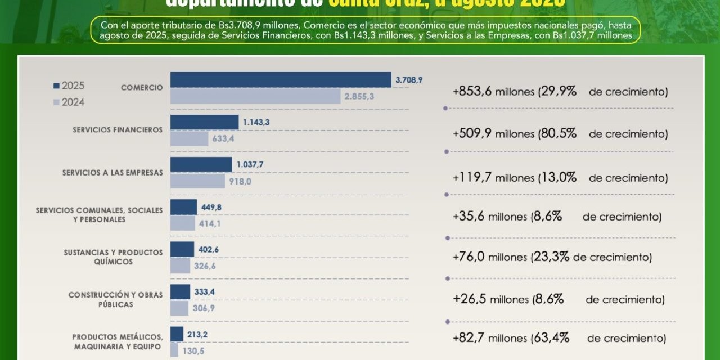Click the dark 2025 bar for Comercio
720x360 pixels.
point(281,80)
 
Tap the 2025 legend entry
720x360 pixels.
point(69,86)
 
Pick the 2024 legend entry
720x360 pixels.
point(69,102)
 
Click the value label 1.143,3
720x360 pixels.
point(256,122)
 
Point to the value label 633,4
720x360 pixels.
point(223,139)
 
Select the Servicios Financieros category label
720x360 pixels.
point(118,130)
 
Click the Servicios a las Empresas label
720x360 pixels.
point(112,173)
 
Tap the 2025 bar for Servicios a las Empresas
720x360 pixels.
point(201,164)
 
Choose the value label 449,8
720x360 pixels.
point(211,207)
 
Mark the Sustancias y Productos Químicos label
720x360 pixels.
point(113,257)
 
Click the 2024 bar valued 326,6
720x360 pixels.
point(180,265)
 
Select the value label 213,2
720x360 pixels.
point(198,334)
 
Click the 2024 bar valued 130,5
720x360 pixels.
point(174,350)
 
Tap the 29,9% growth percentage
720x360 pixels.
point(559,91)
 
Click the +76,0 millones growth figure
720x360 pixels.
point(489,257)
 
